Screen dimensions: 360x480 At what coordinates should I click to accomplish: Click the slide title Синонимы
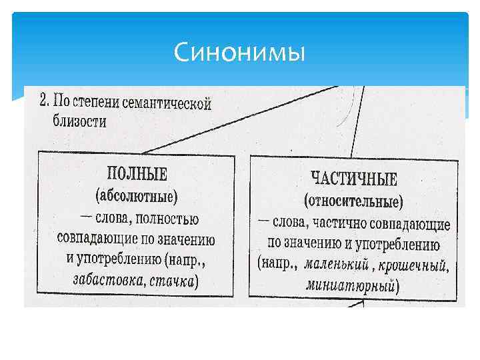point(239,52)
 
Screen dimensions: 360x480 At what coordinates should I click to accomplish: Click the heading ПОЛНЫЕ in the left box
point(137,175)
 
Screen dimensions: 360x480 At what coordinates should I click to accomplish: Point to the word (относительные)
point(353,201)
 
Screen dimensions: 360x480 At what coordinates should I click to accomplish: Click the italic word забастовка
point(109,280)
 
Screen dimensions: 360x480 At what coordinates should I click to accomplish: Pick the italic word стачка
point(171,281)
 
